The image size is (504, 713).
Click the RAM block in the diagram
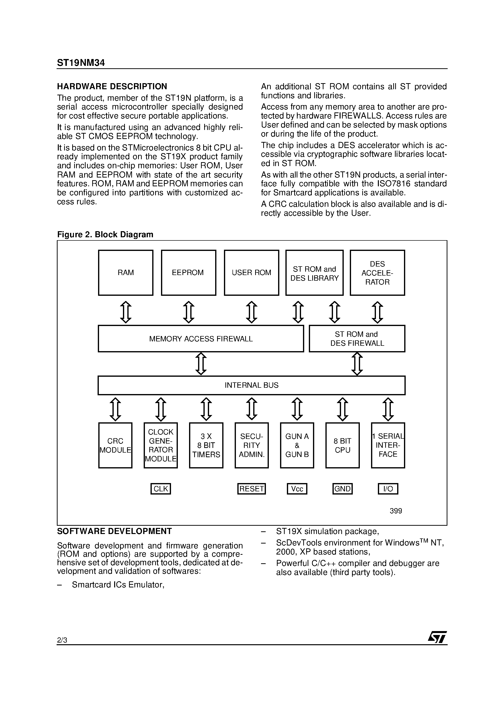(x=126, y=272)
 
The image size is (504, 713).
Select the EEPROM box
(x=188, y=272)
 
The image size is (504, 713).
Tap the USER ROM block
(x=251, y=272)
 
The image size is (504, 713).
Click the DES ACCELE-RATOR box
(x=377, y=273)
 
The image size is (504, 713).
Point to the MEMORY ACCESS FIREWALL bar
(x=201, y=338)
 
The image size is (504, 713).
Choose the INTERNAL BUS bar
(x=251, y=385)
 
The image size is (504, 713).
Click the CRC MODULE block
(x=115, y=445)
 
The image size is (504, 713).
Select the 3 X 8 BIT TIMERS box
(x=206, y=445)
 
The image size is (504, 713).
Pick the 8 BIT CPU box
(x=343, y=445)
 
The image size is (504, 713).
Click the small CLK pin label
(x=161, y=489)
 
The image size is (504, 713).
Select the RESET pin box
(x=251, y=489)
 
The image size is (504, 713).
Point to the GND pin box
(x=343, y=489)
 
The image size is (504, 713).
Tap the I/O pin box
(x=388, y=489)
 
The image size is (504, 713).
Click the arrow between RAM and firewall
(x=126, y=312)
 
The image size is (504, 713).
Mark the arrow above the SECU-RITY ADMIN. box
(x=251, y=409)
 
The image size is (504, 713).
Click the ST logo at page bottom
(x=437, y=637)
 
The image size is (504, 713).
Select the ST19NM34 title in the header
(x=81, y=63)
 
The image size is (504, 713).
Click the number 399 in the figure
(x=395, y=511)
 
